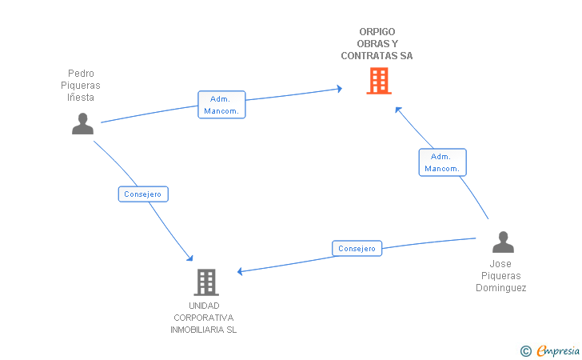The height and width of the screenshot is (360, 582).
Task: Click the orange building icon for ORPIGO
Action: pos(379,81)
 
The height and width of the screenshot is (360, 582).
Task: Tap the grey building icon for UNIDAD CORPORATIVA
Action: pos(206,282)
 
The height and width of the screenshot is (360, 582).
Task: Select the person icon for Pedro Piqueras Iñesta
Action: pos(83,124)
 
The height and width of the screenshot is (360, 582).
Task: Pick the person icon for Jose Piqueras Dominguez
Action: pos(504,242)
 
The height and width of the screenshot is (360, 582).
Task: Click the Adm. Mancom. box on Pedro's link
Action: pos(221,105)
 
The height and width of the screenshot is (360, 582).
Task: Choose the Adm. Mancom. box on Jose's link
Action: pos(442,162)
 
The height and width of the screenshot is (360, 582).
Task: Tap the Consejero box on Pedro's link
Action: pos(143,194)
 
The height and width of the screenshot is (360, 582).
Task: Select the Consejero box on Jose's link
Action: pos(357,249)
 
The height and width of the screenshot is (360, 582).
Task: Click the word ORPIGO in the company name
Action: pos(377,32)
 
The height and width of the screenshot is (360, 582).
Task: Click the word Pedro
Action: pos(81,73)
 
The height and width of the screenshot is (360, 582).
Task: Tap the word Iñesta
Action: pos(81,98)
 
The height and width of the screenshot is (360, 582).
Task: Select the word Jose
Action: pos(500,264)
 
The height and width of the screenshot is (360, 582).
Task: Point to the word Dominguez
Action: pos(501,288)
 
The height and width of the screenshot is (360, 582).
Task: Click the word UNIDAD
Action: pos(204,306)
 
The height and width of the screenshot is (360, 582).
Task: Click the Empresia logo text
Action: pos(558,350)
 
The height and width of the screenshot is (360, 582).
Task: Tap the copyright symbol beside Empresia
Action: pos(526,351)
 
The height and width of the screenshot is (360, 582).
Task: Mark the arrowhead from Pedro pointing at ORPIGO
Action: pos(339,89)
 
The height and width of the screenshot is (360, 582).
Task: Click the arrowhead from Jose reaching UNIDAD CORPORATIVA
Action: pos(240,271)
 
